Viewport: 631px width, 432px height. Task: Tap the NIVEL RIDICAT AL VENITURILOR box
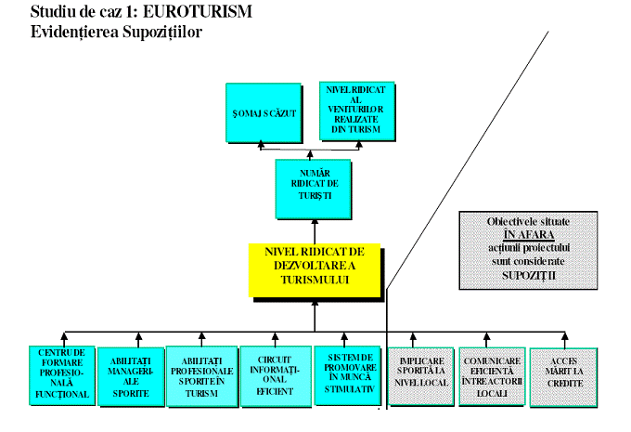tap(354, 111)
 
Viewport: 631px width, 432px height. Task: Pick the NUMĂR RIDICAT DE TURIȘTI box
tap(315, 190)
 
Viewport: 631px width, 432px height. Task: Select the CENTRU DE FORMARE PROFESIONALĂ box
tap(62, 375)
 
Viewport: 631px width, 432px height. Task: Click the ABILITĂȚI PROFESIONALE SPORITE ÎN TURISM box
tap(202, 376)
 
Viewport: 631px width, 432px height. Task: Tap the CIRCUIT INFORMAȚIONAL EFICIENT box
tap(273, 376)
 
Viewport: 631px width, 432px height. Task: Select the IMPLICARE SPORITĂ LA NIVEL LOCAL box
tap(420, 376)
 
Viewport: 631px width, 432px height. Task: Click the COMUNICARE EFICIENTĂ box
tap(492, 376)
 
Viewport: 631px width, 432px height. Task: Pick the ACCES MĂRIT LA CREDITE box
tap(564, 376)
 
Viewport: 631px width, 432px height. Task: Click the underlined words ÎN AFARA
tap(528, 236)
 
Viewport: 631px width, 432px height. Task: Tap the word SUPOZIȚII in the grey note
tap(528, 276)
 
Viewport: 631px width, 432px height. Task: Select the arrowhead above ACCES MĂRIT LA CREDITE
tap(564, 340)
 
